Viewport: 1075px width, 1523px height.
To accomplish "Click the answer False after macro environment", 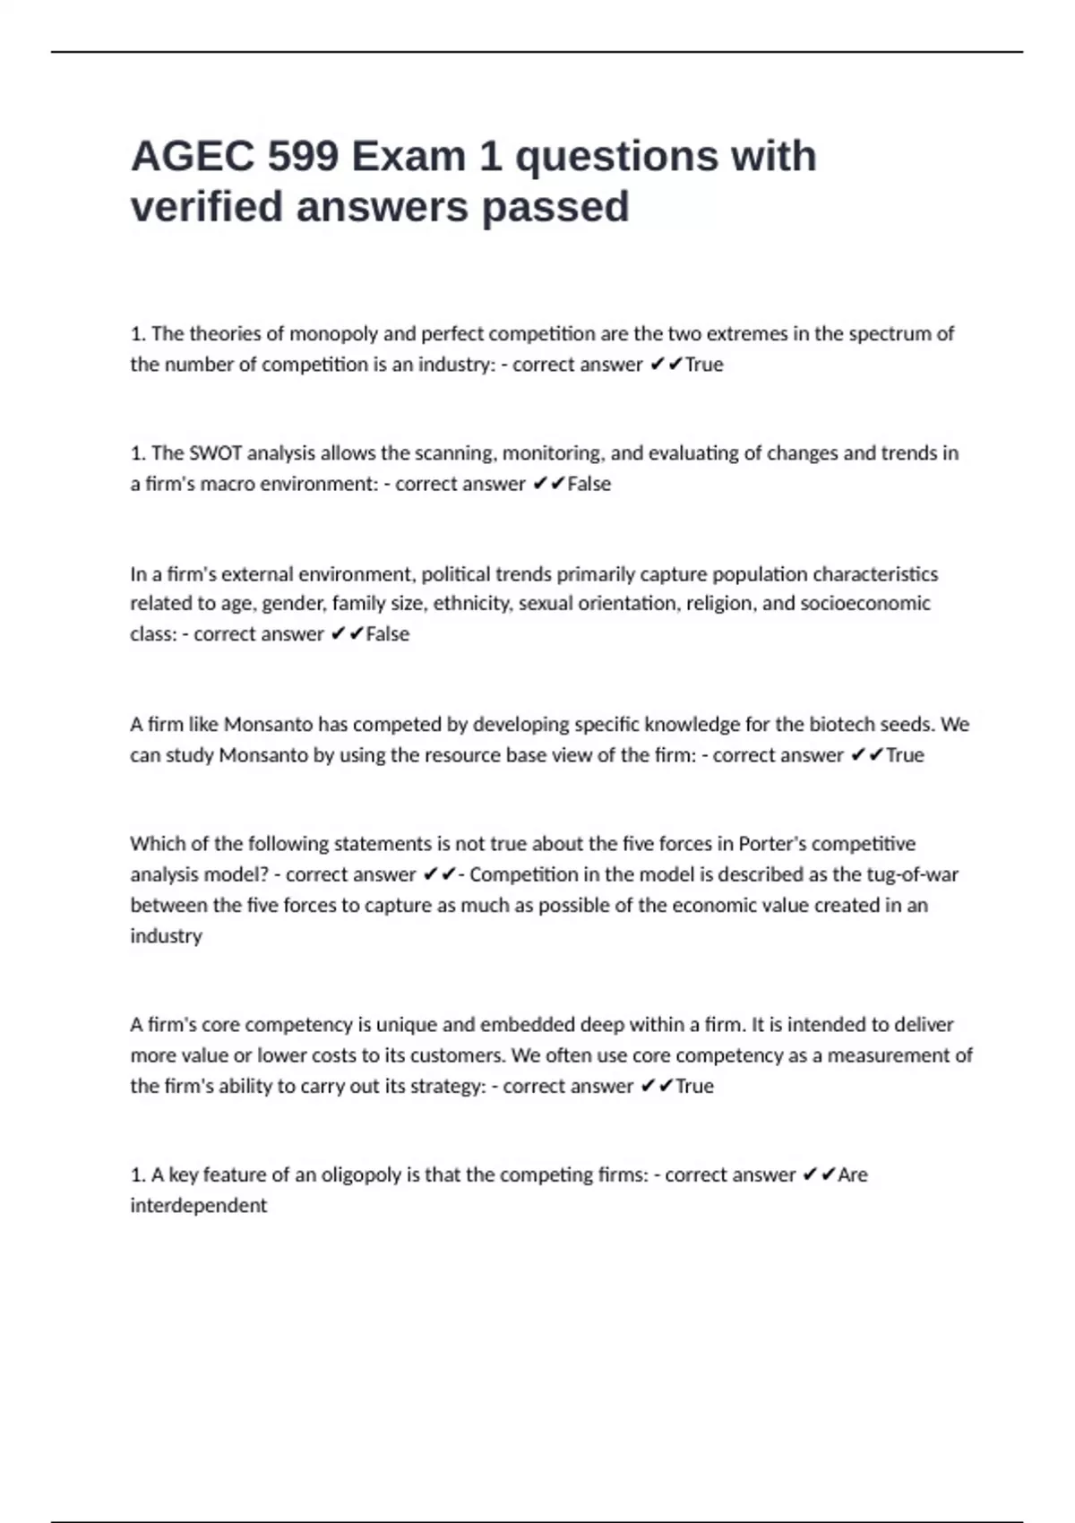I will [589, 484].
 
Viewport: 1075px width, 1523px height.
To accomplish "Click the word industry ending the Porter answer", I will [166, 935].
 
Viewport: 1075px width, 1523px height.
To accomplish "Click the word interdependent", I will [198, 1206].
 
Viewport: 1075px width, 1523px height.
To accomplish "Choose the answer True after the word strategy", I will [694, 1086].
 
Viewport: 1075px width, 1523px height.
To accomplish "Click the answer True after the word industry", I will [704, 365].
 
